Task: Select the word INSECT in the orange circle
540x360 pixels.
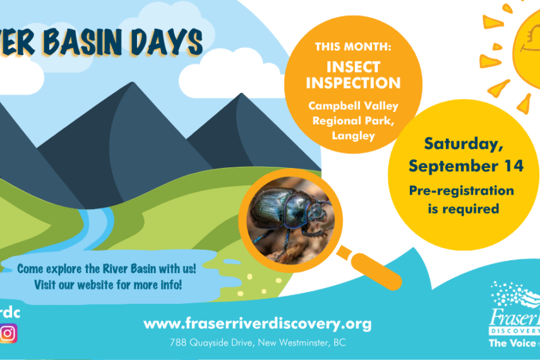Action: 353,67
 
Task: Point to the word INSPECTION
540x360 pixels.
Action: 353,83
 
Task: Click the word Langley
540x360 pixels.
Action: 353,135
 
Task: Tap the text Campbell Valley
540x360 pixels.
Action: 353,105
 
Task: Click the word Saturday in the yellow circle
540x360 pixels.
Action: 464,143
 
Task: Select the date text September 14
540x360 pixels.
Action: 465,165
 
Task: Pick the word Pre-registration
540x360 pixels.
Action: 461,190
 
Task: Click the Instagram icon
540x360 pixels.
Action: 8,333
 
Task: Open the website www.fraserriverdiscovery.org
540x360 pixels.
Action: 257,324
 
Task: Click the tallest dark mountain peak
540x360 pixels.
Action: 129,88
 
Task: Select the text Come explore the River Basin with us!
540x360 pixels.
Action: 106,268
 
